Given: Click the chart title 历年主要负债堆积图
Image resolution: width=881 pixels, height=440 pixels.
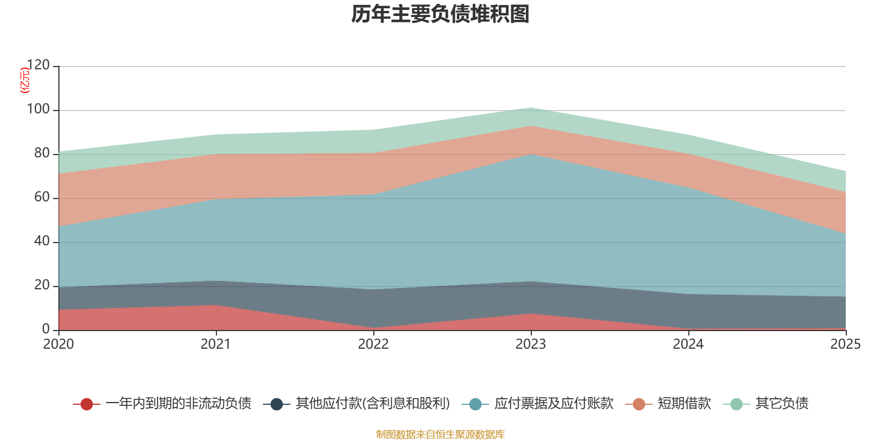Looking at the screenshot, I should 440,14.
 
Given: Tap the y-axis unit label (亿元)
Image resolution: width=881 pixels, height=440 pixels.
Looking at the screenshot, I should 24,80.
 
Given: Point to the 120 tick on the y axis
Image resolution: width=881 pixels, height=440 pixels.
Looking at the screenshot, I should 38,65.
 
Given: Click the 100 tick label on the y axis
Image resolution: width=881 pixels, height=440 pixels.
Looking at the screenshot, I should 38,109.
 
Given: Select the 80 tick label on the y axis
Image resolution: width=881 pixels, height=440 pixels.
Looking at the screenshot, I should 42,153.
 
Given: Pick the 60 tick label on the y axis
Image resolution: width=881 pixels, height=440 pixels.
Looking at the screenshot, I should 42,197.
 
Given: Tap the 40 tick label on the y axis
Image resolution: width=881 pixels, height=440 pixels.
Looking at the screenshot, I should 42,241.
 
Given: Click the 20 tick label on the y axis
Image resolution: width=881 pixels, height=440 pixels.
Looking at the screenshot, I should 42,285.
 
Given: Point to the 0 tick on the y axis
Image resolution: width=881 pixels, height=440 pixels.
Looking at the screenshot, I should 46,329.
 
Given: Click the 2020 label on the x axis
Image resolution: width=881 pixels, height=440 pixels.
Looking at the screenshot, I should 58,344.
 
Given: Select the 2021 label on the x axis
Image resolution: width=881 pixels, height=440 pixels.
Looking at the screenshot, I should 216,344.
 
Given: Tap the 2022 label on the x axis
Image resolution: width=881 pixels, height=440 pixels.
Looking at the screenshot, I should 373,344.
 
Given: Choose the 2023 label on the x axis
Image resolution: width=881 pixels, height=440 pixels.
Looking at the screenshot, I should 531,344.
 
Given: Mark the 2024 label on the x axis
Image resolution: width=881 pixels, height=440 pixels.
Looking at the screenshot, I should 688,344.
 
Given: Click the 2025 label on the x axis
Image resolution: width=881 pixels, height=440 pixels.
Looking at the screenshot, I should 845,344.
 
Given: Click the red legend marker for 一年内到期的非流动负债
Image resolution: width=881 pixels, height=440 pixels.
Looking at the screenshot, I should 86,404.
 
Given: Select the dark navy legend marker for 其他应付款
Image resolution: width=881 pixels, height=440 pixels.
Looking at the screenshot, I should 276,404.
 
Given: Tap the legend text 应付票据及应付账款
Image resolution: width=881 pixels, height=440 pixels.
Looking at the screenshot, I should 553,404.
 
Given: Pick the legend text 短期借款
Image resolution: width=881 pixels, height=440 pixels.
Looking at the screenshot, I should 684,404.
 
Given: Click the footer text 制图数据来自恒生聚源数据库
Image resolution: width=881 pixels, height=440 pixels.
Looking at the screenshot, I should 440,435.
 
